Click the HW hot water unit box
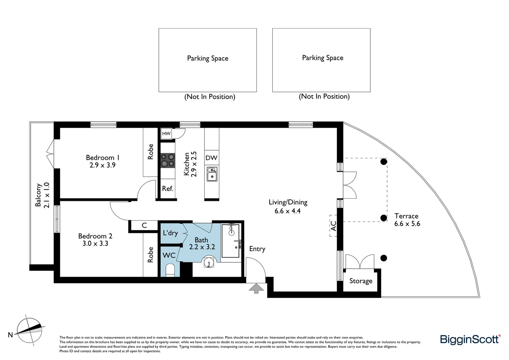166,134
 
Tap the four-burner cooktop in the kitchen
167,160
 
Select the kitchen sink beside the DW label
212,174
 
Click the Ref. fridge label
168,189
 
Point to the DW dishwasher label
211,158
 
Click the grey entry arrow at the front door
256,288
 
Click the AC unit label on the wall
333,226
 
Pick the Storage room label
361,281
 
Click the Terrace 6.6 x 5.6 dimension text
407,224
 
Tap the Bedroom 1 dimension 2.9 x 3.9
102,165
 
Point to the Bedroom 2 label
95,236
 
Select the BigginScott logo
470,339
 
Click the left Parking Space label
208,58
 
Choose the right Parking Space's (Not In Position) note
324,96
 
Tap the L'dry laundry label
170,233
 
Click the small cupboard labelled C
144,226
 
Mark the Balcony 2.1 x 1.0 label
42,195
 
